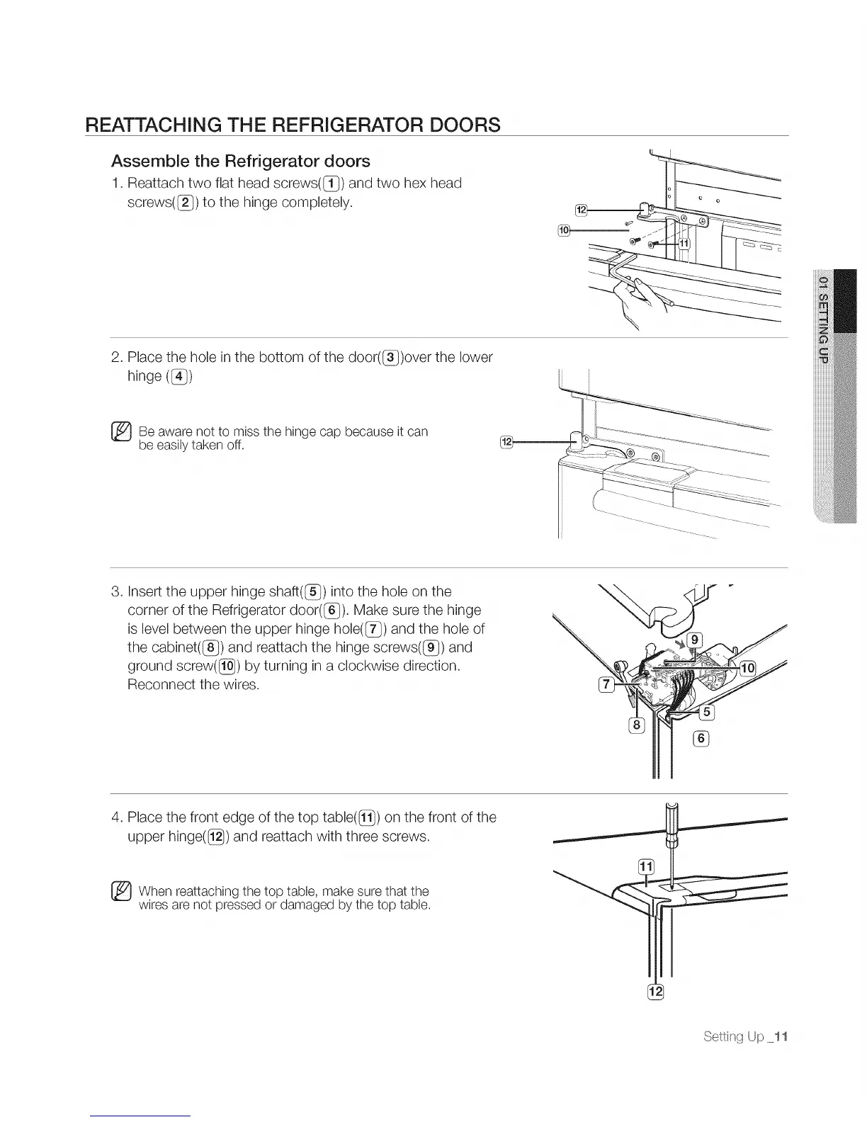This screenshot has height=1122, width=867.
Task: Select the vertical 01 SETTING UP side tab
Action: pyautogui.click(x=823, y=320)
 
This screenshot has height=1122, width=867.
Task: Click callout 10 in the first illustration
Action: pyautogui.click(x=565, y=229)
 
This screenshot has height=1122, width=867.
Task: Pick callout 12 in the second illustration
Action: pyautogui.click(x=506, y=443)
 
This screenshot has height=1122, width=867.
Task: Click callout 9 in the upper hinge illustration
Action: pyautogui.click(x=696, y=640)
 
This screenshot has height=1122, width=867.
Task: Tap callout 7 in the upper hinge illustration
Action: pyautogui.click(x=606, y=684)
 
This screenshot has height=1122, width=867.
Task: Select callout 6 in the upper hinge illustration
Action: pyautogui.click(x=701, y=739)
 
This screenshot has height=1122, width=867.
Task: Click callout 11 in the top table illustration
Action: pyautogui.click(x=646, y=866)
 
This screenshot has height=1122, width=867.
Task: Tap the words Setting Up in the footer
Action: pyautogui.click(x=733, y=1037)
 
